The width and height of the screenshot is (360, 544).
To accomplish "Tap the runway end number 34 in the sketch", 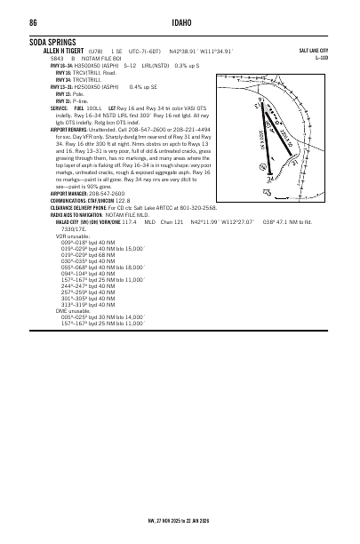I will tap(269, 177).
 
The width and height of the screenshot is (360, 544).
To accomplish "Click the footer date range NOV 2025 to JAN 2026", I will tap(182, 521).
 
